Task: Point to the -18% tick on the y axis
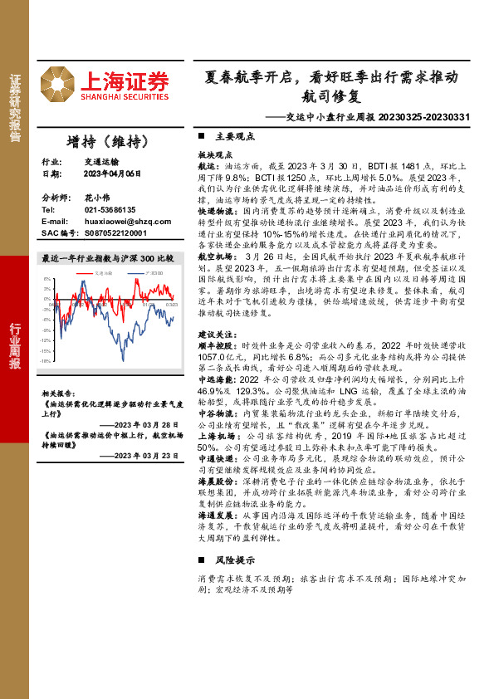coord(47,361)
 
